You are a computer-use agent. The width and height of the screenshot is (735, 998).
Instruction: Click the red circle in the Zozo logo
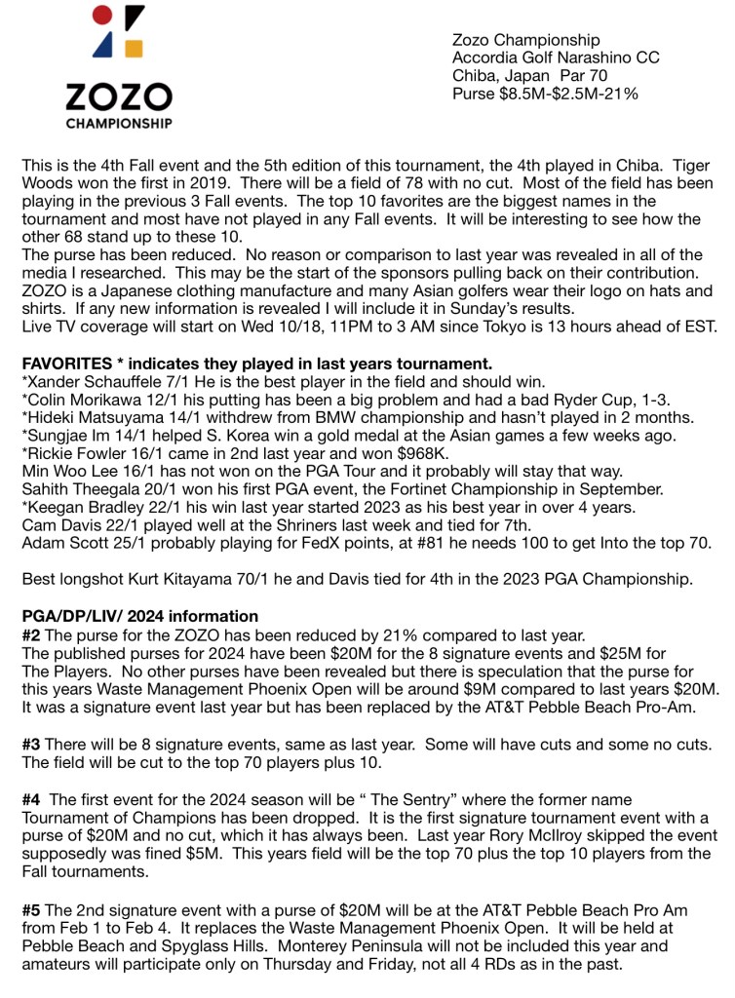(100, 16)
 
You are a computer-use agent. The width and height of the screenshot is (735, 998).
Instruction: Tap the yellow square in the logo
(135, 49)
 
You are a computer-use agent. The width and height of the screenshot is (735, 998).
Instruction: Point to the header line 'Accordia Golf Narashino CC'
(556, 58)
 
